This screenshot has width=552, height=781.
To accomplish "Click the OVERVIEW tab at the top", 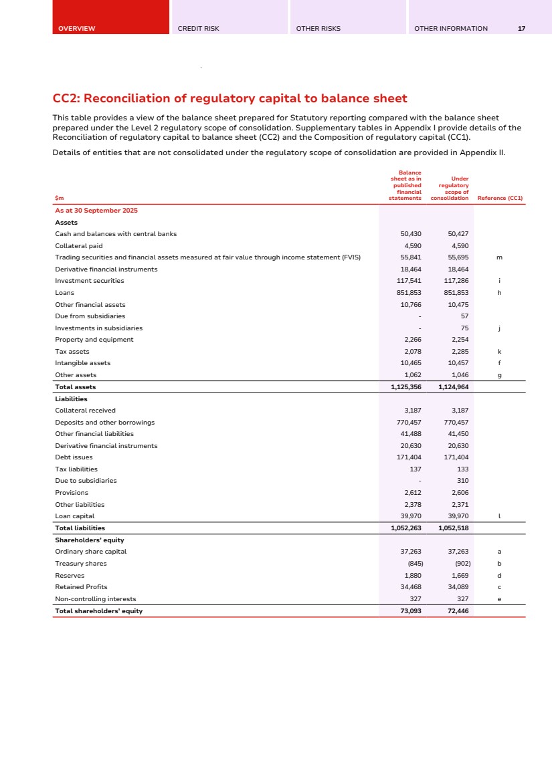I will [77, 29].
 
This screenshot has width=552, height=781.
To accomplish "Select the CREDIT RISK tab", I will [199, 29].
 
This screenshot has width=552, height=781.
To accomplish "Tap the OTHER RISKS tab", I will [318, 29].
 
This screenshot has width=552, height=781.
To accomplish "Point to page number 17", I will [521, 29].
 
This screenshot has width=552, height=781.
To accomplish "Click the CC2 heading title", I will [229, 99].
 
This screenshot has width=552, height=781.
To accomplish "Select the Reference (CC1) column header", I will [500, 198].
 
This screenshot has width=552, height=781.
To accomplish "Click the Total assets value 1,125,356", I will [405, 386].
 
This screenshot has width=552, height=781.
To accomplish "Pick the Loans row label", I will [65, 293].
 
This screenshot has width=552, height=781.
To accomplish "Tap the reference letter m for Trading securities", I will [499, 257].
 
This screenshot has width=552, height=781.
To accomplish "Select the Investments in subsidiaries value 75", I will [464, 328].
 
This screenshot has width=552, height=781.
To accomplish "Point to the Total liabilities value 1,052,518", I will [453, 528].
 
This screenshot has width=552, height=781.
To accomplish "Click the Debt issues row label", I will [74, 457].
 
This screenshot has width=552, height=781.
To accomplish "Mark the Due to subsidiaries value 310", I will [462, 481].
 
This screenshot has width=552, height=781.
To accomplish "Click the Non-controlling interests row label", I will [95, 599].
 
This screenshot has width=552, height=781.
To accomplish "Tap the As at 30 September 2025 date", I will [96, 211].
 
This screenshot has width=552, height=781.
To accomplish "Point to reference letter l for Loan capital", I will [499, 516].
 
